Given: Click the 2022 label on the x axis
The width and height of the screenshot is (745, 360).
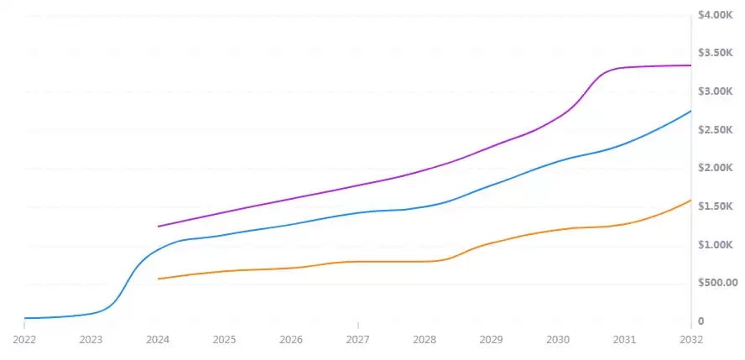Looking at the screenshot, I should tap(24, 340).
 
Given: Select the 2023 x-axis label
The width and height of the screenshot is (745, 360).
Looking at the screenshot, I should tap(91, 340).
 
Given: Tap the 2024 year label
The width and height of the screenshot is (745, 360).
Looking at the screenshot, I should tap(158, 340).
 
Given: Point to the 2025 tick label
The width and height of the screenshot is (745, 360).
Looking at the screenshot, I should tap(224, 340).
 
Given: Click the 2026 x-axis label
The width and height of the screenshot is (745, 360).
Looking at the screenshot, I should tap(291, 340).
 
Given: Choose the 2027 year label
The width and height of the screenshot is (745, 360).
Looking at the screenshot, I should tap(357, 340).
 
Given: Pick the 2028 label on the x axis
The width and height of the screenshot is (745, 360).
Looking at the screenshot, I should tap(425, 340).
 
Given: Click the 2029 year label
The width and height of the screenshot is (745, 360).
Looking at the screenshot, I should tap(491, 340).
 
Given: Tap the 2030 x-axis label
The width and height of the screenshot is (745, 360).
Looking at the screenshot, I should tap(558, 340).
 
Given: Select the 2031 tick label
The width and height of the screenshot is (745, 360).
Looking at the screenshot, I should tap(624, 340).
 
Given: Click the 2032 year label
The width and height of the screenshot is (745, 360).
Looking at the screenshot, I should tap(690, 340).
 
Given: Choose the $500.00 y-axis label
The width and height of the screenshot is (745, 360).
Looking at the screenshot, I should tap(717, 283).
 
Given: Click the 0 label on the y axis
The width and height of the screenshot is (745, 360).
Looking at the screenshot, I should tap(701, 321).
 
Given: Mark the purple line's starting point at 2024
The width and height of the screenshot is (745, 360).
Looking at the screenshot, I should tap(158, 227).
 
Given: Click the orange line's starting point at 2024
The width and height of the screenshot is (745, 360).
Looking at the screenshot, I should tap(158, 279).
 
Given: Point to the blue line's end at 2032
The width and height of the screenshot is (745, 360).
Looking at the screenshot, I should tap(690, 111).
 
